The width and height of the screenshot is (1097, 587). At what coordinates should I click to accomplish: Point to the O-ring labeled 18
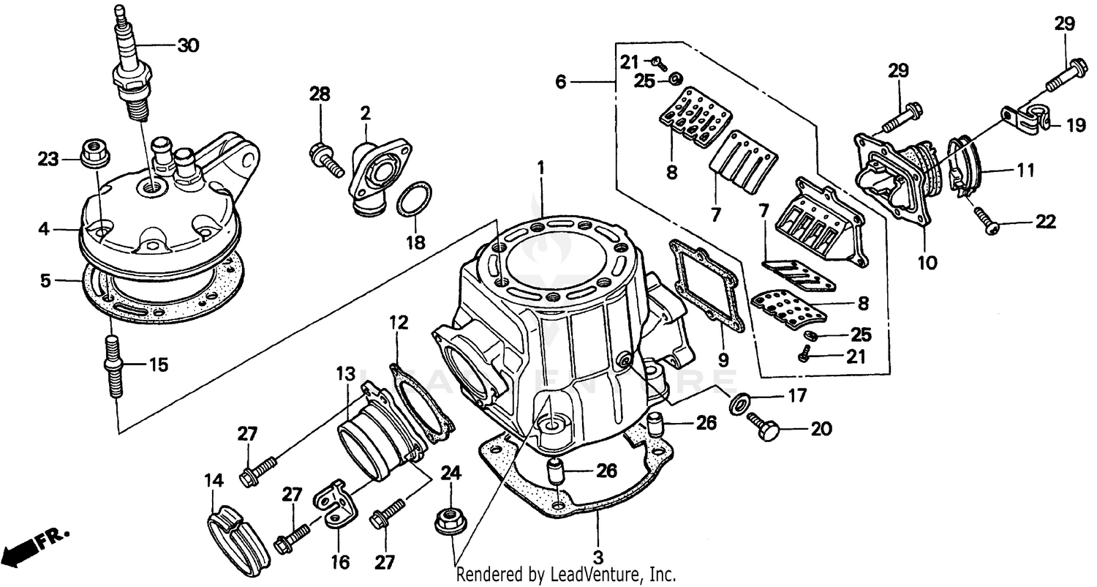pyautogui.click(x=414, y=200)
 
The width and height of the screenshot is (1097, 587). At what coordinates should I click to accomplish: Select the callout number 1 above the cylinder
pyautogui.click(x=541, y=168)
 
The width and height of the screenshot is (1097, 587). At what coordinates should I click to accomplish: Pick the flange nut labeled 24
pyautogui.click(x=449, y=520)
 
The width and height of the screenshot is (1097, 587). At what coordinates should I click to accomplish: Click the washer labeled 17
pyautogui.click(x=739, y=402)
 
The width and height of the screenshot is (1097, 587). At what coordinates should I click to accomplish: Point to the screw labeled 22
pyautogui.click(x=988, y=224)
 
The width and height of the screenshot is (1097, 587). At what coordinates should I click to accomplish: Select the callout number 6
pyautogui.click(x=560, y=82)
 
